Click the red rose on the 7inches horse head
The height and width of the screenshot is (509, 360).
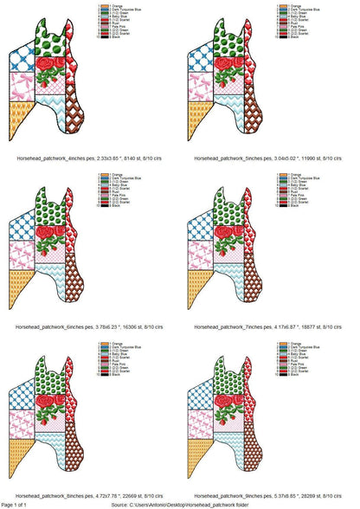(229, 237)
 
